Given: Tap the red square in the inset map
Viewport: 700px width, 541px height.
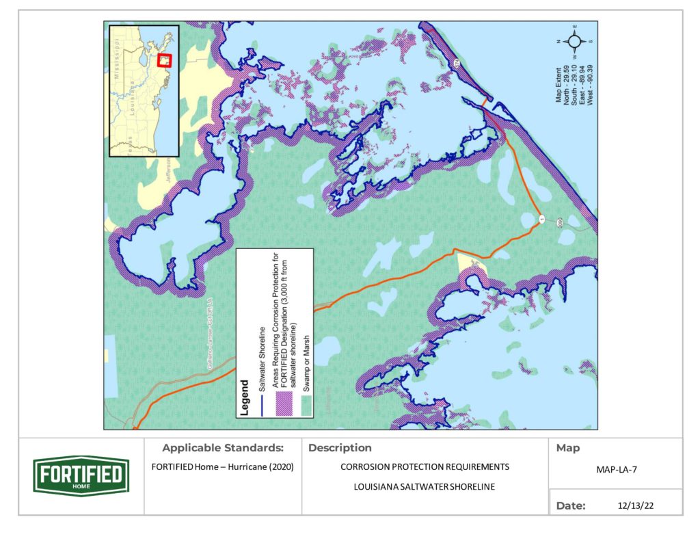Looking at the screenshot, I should coord(164,60).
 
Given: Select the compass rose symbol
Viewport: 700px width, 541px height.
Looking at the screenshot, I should coord(574,42).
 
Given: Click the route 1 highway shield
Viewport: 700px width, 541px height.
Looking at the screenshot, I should coord(541,218).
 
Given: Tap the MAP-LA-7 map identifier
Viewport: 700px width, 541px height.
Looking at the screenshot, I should coord(615,471).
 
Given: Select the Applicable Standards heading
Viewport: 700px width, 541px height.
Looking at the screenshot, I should coord(222,449).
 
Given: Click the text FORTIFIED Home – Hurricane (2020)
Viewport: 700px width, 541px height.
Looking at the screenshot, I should coord(222,468).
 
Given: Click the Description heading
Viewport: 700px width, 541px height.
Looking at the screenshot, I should coord(340,449).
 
